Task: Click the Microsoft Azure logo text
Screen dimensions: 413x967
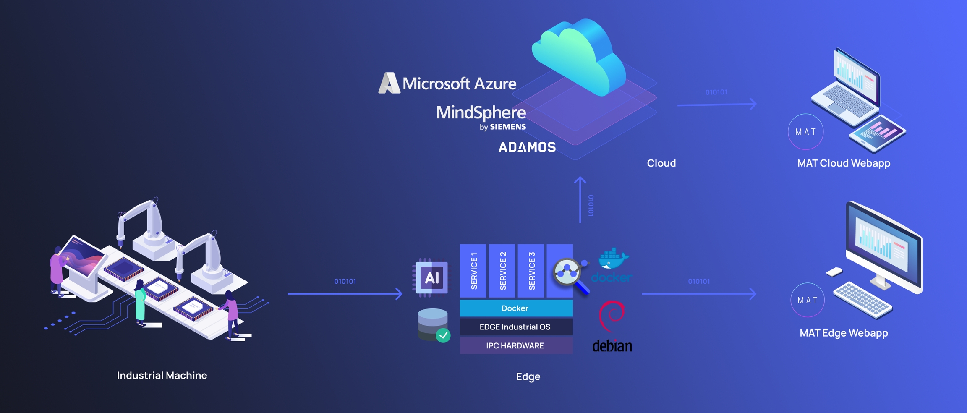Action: pos(459,84)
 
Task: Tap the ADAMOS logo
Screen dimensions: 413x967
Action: pos(527,147)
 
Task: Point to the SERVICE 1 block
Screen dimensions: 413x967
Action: pos(473,271)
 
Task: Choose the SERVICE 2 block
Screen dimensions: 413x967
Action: pos(502,271)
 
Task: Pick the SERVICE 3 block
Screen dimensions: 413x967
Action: pos(531,271)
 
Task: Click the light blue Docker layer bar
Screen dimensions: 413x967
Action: pos(516,308)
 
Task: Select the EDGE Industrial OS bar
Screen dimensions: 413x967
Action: pos(516,327)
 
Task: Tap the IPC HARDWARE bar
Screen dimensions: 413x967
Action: pos(516,346)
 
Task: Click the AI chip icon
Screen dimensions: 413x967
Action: pos(432,277)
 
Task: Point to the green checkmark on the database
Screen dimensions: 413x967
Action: pos(443,335)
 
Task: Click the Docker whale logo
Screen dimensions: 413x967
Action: pos(613,259)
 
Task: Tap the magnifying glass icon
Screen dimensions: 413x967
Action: pos(569,274)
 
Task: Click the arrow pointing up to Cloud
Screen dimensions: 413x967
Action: pos(580,200)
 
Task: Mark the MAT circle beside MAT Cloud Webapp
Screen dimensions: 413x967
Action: pos(805,132)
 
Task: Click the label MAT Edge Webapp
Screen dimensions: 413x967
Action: pos(844,333)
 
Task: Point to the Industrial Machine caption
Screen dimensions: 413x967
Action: pos(162,376)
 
